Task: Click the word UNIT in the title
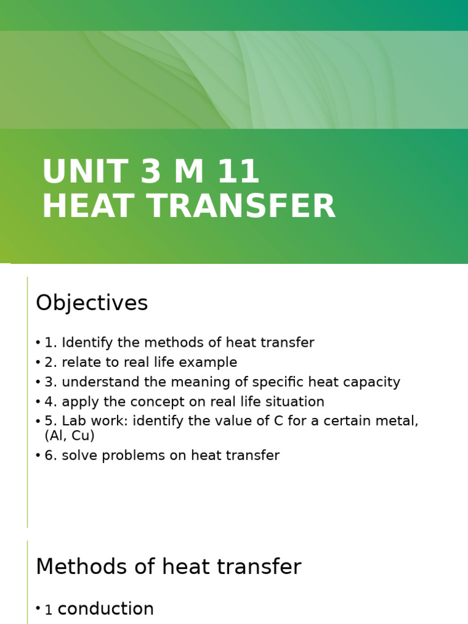[79, 172]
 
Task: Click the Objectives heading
[91, 303]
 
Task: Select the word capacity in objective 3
[373, 382]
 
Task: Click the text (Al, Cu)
[69, 436]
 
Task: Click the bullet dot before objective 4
[38, 402]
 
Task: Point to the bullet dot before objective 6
[38, 456]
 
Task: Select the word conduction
[105, 609]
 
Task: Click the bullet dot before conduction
[38, 608]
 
